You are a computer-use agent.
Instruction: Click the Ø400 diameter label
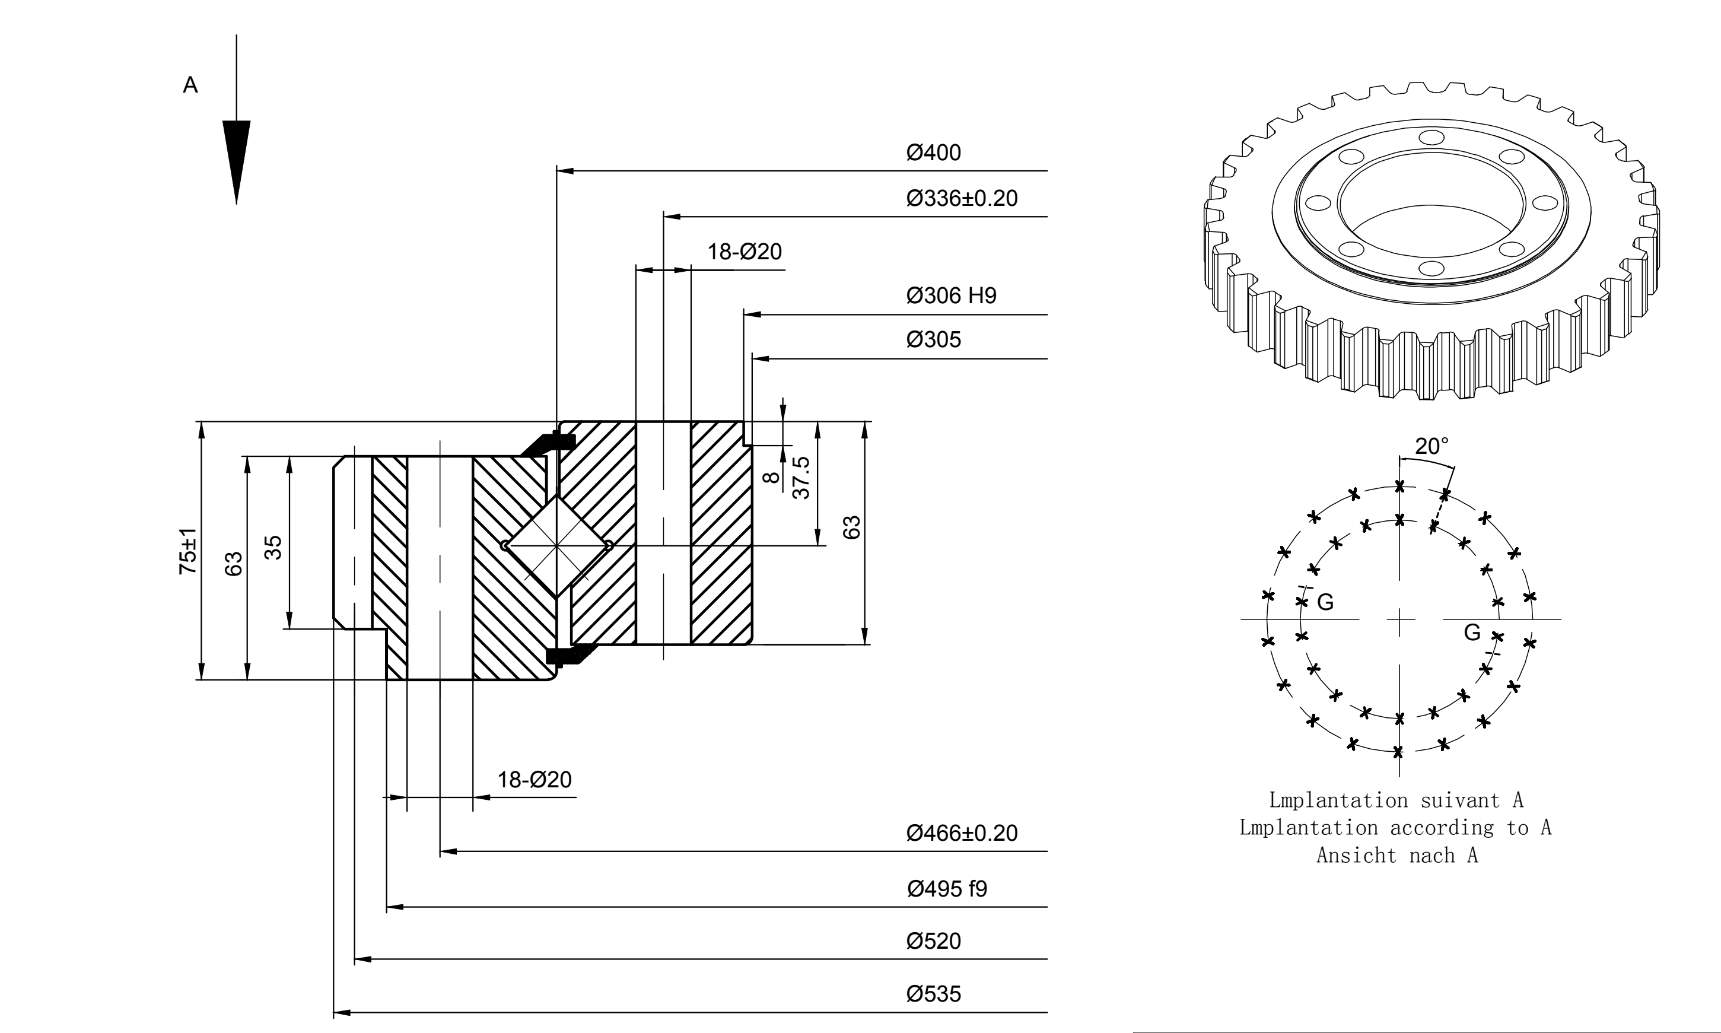pyautogui.click(x=933, y=152)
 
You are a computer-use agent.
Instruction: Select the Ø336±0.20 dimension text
pyautogui.click(x=962, y=198)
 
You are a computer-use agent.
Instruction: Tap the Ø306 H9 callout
pyautogui.click(x=952, y=296)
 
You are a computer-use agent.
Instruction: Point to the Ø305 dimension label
pyautogui.click(x=933, y=340)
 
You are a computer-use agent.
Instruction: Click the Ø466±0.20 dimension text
pyautogui.click(x=962, y=833)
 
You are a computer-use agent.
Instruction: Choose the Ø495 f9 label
pyautogui.click(x=947, y=889)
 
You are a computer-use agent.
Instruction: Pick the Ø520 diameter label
pyautogui.click(x=933, y=941)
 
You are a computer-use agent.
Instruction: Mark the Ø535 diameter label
pyautogui.click(x=933, y=993)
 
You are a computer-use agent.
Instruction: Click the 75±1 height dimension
pyautogui.click(x=188, y=551)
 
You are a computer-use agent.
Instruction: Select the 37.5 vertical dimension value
pyautogui.click(x=801, y=478)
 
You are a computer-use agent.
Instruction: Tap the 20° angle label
pyautogui.click(x=1431, y=446)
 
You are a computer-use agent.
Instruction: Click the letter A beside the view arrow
pyautogui.click(x=190, y=85)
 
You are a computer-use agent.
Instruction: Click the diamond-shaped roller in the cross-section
pyautogui.click(x=556, y=546)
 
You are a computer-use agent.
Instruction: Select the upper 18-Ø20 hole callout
pyautogui.click(x=745, y=252)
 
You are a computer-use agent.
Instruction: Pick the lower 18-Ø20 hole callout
pyautogui.click(x=535, y=780)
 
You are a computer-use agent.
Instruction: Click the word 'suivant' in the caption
pyautogui.click(x=1460, y=800)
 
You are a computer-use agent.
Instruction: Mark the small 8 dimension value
pyautogui.click(x=771, y=478)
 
